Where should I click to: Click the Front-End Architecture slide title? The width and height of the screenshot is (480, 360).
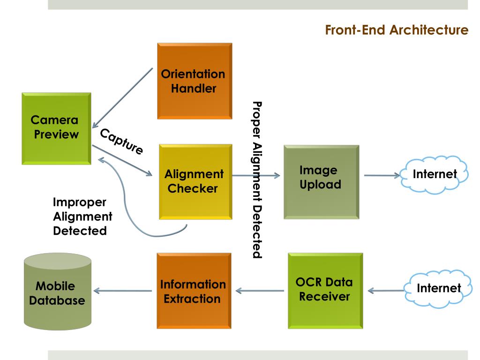click(397, 30)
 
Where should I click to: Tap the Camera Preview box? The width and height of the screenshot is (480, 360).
click(56, 128)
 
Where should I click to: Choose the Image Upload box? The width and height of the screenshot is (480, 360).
click(321, 182)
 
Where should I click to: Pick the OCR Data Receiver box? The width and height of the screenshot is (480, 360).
click(325, 290)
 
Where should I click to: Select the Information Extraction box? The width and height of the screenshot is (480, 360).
click(194, 291)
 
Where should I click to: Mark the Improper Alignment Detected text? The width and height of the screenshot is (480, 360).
click(82, 217)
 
